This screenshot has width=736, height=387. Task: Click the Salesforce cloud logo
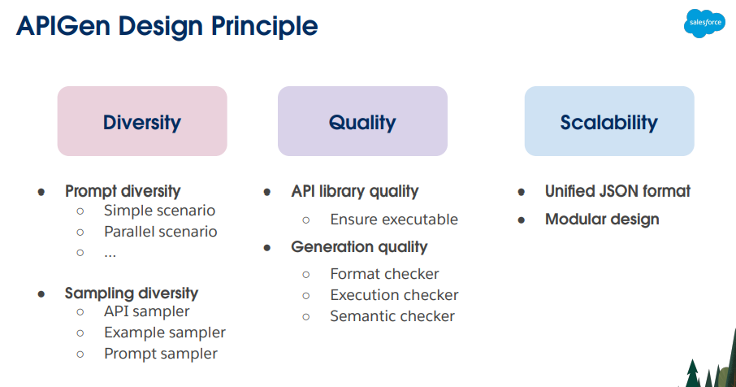click(x=704, y=23)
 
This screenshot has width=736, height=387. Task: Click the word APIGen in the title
click(x=63, y=26)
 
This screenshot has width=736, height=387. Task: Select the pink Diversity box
click(x=142, y=121)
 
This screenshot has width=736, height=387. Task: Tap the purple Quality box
click(x=362, y=121)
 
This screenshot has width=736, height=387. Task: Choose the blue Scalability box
click(x=609, y=121)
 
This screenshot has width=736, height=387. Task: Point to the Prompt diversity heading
click(x=123, y=191)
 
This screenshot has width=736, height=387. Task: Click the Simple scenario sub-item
click(x=159, y=211)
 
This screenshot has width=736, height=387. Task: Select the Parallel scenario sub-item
click(x=161, y=232)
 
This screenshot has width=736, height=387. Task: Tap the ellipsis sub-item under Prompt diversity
click(x=110, y=255)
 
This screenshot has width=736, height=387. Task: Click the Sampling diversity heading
click(x=132, y=293)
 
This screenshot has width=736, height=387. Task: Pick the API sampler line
click(x=147, y=311)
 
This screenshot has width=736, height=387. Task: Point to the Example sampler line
click(x=165, y=333)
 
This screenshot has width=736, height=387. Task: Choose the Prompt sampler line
click(x=161, y=354)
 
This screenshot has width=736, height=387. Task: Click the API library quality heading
click(x=355, y=191)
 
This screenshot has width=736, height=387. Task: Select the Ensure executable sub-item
click(x=394, y=220)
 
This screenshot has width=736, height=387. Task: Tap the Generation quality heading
click(x=359, y=247)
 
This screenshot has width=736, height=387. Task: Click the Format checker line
click(x=384, y=274)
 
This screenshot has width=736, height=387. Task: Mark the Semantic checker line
click(x=392, y=316)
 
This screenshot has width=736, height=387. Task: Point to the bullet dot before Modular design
click(x=521, y=220)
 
